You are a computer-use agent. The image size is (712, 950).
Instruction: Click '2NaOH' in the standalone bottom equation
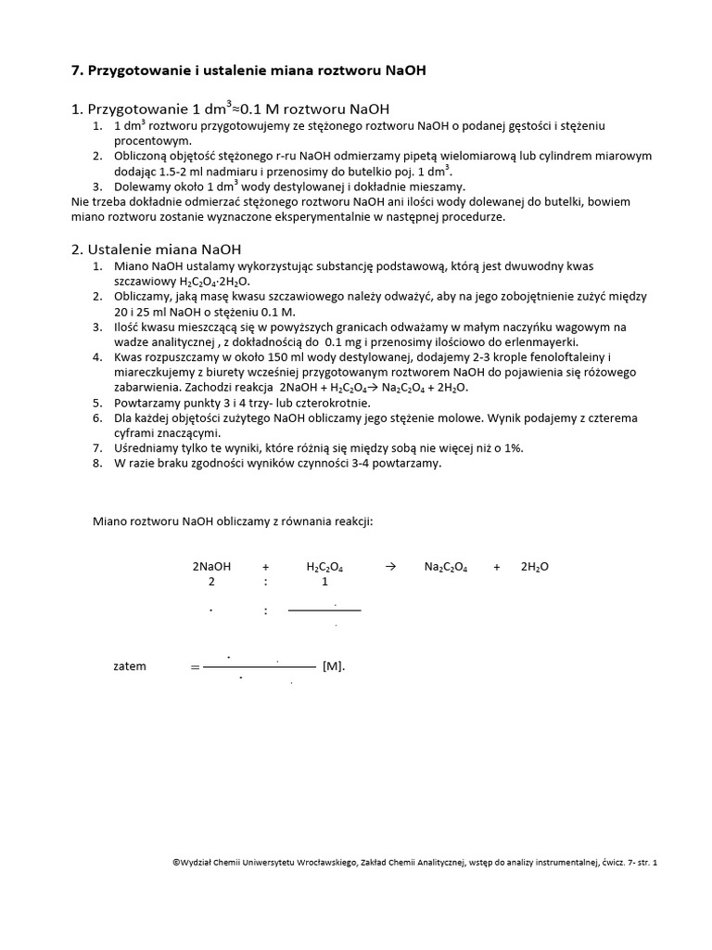[211, 566]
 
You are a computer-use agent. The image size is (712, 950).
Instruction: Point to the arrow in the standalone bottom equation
[389, 566]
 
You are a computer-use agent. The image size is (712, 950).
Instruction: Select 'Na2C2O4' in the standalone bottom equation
[446, 566]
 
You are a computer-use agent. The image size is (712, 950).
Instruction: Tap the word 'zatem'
[129, 666]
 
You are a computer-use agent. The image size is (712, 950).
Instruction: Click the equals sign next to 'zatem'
[195, 666]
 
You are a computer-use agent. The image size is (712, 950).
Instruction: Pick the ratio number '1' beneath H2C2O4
[324, 583]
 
